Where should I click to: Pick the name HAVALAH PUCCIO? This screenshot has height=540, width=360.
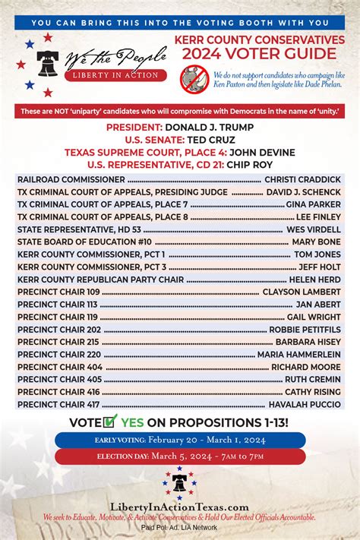pyautogui.click(x=305, y=404)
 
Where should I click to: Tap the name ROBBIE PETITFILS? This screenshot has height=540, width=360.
pyautogui.click(x=306, y=330)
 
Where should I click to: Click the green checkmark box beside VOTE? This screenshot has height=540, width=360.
pyautogui.click(x=110, y=422)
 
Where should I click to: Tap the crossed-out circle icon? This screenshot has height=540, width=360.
pyautogui.click(x=193, y=78)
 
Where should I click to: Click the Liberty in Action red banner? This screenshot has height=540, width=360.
pyautogui.click(x=115, y=75)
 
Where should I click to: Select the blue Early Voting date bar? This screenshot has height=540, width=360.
pyautogui.click(x=179, y=441)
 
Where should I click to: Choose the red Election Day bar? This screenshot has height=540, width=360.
pyautogui.click(x=179, y=457)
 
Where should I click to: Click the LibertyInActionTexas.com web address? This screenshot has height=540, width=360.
pyautogui.click(x=179, y=507)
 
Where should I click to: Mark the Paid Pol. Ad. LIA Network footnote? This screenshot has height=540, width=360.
pyautogui.click(x=179, y=526)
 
